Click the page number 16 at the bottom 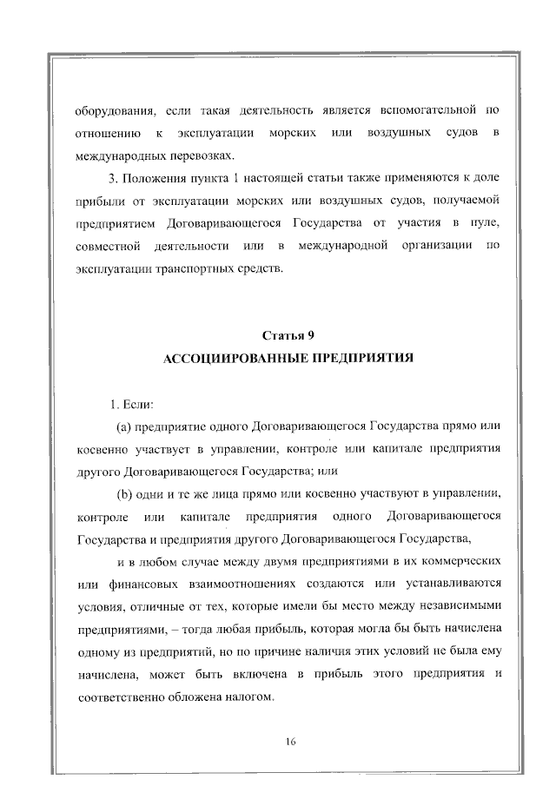291,740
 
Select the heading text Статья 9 287,334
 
